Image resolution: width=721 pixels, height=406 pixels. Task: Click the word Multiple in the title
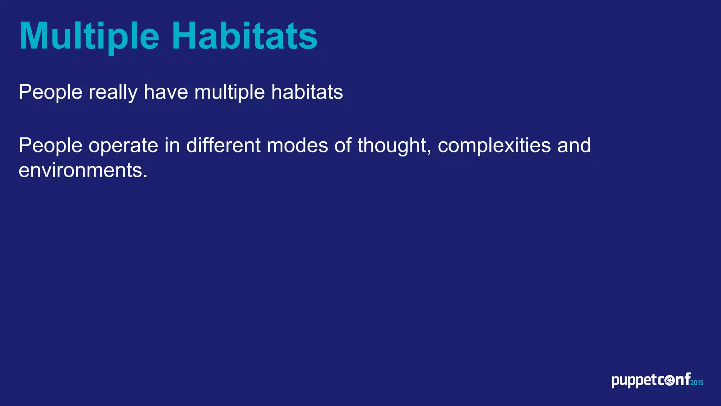(x=89, y=37)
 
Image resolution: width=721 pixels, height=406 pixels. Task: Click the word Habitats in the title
(x=244, y=36)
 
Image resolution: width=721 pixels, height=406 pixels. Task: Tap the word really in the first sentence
(x=113, y=92)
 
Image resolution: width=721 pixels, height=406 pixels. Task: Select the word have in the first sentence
(x=165, y=92)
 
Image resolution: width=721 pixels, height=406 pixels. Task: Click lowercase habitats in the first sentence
(x=307, y=92)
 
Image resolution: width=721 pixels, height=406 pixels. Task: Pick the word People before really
(x=50, y=92)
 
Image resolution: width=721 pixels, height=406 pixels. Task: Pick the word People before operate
(x=50, y=146)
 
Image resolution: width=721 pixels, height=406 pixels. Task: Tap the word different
(x=223, y=146)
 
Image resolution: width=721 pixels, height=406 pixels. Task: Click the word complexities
(x=494, y=146)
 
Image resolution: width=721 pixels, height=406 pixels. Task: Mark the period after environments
(x=145, y=176)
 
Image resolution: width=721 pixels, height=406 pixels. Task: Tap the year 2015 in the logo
(x=697, y=383)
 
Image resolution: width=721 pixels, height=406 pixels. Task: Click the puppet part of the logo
(x=634, y=381)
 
